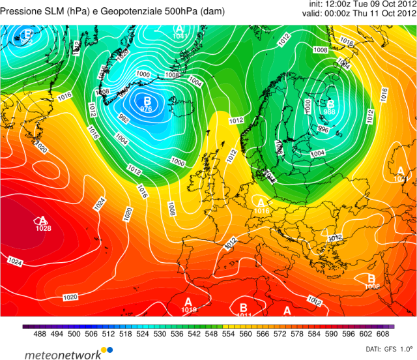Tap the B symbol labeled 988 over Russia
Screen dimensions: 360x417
330,104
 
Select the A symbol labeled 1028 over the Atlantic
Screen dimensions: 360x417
43,221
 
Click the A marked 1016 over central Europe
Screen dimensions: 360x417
262,203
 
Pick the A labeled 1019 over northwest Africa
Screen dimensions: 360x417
188,303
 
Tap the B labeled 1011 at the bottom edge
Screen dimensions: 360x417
244,308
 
